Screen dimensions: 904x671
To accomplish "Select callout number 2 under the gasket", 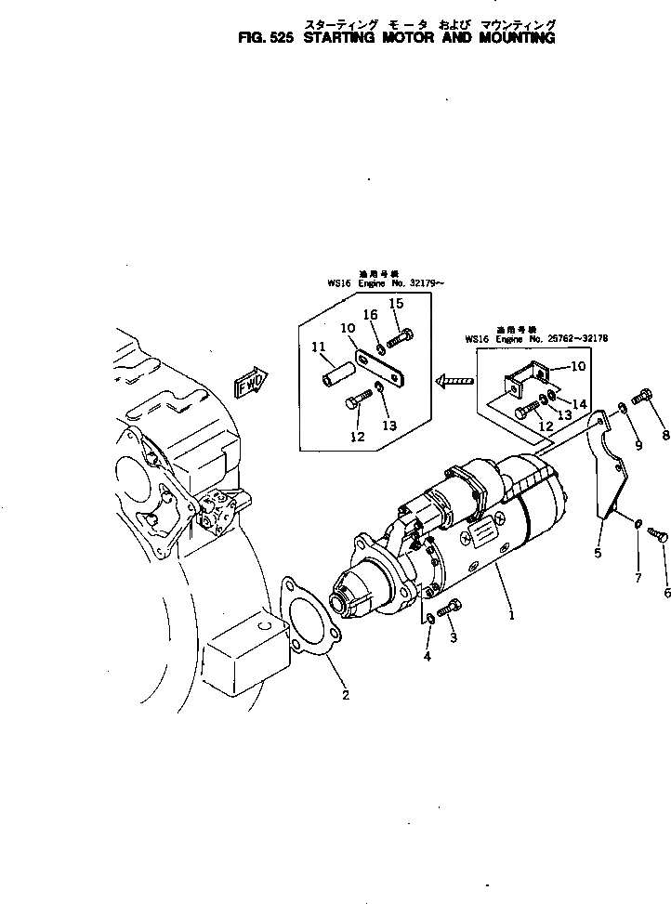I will pyautogui.click(x=346, y=695).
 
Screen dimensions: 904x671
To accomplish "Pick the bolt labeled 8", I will pyautogui.click(x=642, y=399).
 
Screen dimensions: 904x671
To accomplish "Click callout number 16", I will pyautogui.click(x=370, y=315).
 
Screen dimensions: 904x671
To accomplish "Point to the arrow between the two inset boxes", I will pyautogui.click(x=454, y=378).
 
